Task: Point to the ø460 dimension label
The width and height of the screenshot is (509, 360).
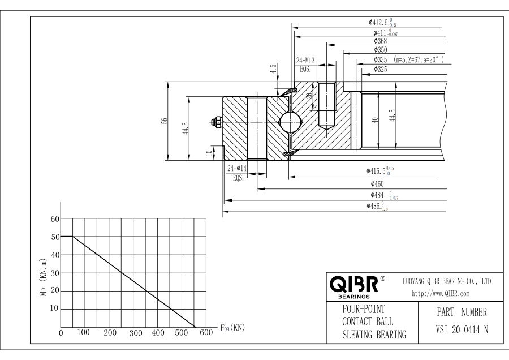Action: (x=378, y=183)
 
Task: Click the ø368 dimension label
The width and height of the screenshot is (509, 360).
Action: (x=380, y=41)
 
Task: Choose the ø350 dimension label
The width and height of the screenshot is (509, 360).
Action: (x=380, y=50)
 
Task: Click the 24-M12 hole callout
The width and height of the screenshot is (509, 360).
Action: (x=306, y=59)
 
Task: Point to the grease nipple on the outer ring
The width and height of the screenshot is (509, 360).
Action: (x=216, y=121)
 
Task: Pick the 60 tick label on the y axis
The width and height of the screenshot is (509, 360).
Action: (x=55, y=219)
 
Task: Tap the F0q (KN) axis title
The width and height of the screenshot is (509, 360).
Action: (x=232, y=328)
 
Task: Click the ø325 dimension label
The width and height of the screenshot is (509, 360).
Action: (x=380, y=69)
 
